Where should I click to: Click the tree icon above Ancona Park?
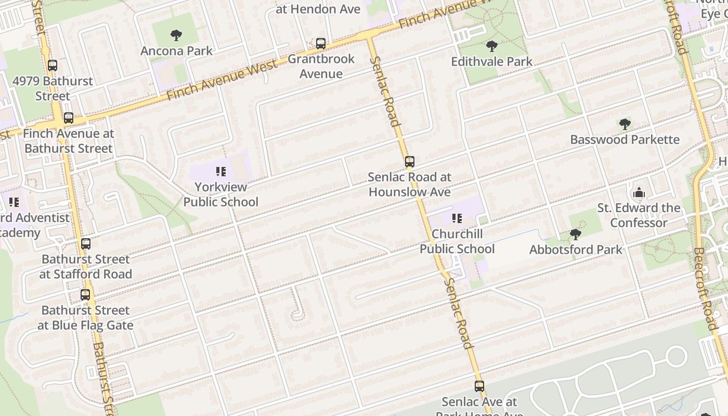click(176, 35)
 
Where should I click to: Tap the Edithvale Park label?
click(491, 61)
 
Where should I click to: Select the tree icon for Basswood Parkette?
click(625, 124)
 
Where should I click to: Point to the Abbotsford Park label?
click(576, 250)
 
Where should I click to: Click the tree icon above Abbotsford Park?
click(575, 234)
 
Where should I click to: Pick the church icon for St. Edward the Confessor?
click(639, 193)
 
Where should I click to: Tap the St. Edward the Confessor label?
click(639, 215)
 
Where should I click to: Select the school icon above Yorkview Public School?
click(220, 172)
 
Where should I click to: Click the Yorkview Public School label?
click(220, 194)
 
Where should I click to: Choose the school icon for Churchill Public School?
click(457, 218)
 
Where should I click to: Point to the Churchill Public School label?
click(457, 241)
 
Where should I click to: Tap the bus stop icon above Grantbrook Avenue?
click(321, 44)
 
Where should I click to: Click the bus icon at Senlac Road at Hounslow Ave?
click(410, 162)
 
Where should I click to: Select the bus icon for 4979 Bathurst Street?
click(53, 66)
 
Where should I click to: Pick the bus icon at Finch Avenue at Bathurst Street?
click(68, 118)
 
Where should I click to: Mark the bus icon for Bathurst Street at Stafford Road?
click(86, 243)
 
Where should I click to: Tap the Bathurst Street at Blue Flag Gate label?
click(85, 318)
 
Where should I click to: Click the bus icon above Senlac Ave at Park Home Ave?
click(479, 386)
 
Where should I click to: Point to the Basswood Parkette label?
click(625, 139)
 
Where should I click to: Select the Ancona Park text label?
click(176, 51)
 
